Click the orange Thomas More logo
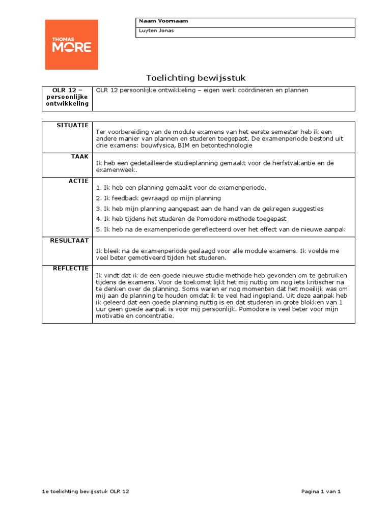click(71, 45)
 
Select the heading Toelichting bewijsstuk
click(195, 78)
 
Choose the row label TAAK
click(80, 157)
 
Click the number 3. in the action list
click(98, 209)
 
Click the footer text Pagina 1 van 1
click(320, 491)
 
